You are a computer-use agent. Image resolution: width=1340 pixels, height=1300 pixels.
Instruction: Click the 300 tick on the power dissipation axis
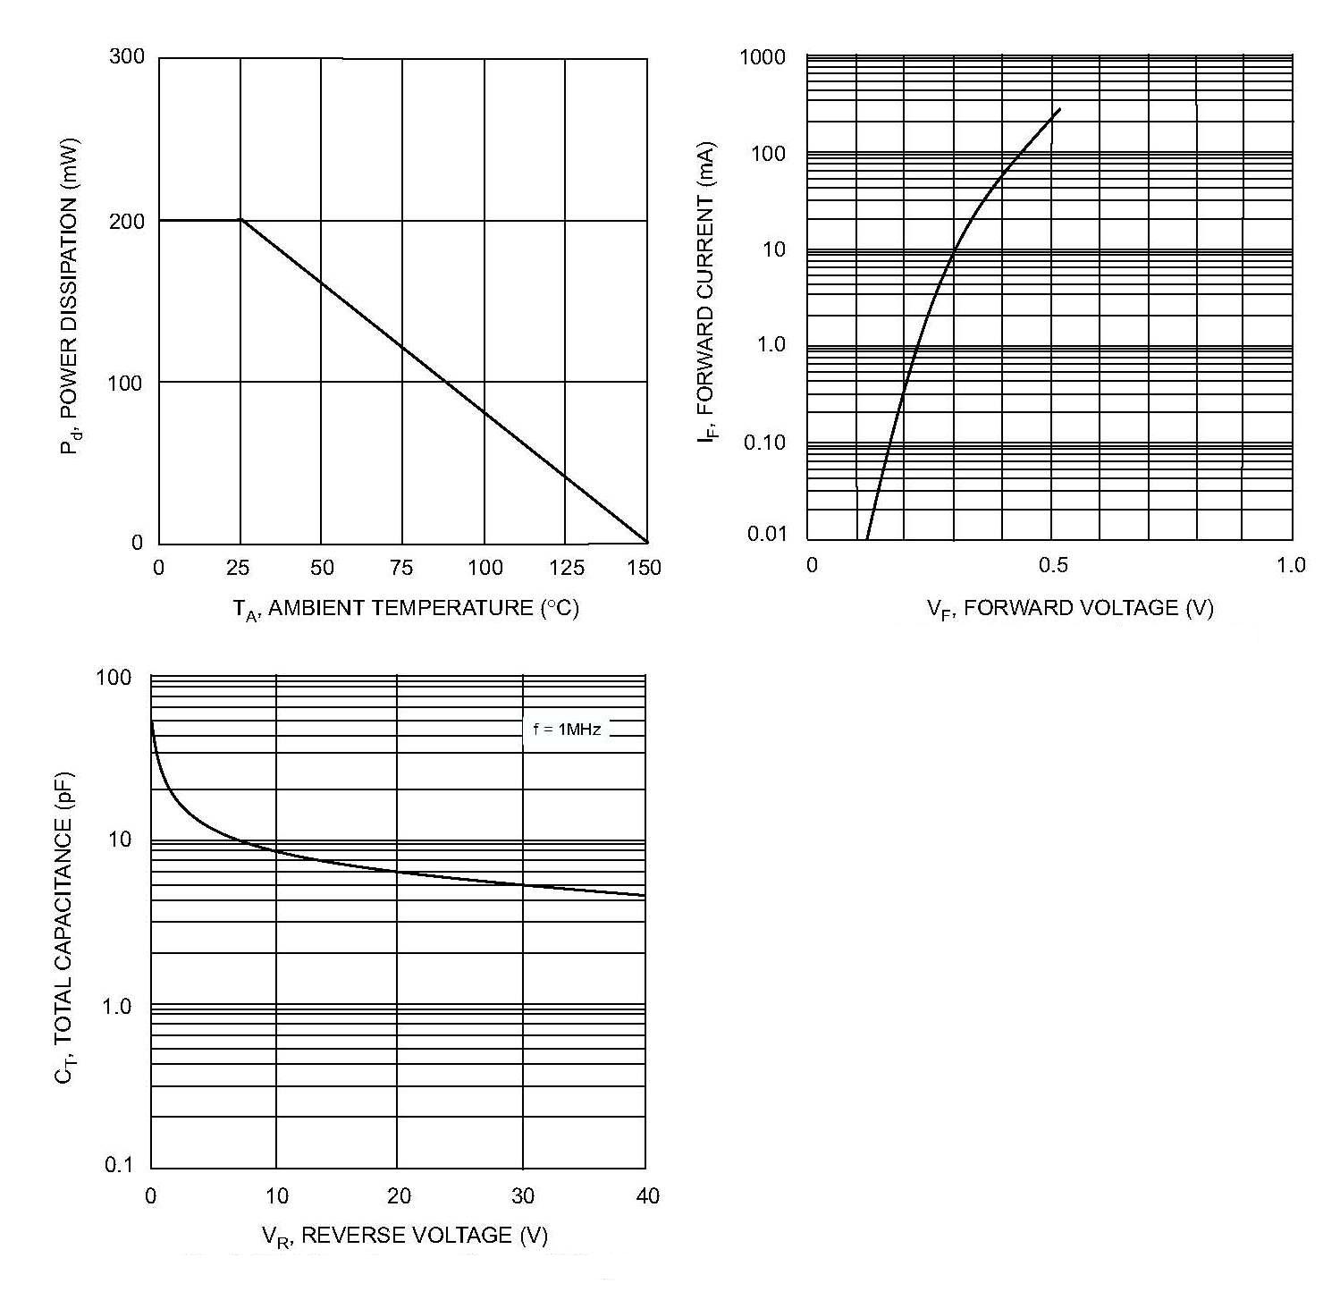126,57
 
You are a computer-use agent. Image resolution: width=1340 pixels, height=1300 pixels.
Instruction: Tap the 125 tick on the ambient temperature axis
567,568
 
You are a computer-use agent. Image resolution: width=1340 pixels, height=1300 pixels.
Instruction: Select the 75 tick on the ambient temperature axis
402,568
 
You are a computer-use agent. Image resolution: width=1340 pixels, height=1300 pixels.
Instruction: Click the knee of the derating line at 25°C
240,220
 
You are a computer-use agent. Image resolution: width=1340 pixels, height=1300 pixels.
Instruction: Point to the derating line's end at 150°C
646,542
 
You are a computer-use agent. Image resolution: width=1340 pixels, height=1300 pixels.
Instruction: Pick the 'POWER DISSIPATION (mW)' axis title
70,296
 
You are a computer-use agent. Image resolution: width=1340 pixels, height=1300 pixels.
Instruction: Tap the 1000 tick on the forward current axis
763,58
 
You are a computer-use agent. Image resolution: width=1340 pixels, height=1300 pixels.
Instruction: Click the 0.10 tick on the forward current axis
764,443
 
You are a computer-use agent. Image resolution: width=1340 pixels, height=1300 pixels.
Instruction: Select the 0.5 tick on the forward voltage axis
1053,566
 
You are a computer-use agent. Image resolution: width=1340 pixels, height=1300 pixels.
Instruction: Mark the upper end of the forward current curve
1060,109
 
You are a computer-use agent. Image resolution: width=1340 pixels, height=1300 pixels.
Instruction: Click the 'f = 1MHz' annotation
567,730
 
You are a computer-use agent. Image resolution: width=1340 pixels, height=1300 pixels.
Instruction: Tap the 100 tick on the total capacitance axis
114,678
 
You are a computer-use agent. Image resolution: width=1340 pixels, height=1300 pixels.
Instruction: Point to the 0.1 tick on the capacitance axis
118,1165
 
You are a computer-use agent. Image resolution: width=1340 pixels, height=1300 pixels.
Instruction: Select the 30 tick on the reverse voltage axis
522,1196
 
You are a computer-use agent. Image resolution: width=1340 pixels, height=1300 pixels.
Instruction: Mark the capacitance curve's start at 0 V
152,722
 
